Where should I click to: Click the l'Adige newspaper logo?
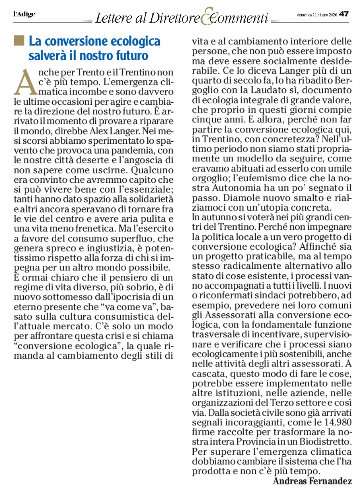pyautogui.click(x=24, y=14)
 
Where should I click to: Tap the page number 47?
pyautogui.click(x=344, y=14)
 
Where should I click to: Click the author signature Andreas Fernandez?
pyautogui.click(x=312, y=481)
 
